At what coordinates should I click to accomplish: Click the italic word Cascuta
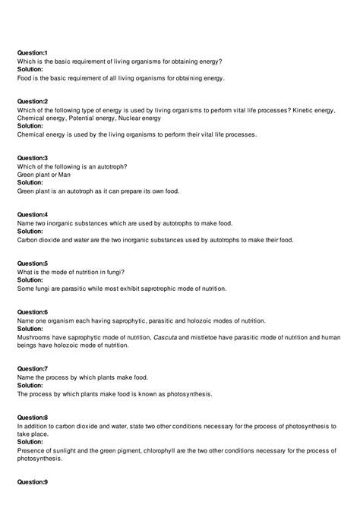click(169, 337)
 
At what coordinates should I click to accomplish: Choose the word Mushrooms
click(36, 337)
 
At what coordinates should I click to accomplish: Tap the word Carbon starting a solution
click(30, 240)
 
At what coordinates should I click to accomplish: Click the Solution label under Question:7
click(30, 386)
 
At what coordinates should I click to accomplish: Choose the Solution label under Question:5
click(30, 280)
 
